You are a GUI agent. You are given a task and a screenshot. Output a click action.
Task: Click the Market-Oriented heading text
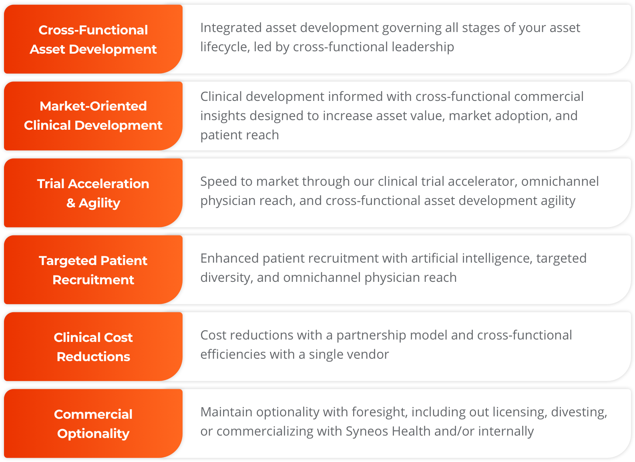pyautogui.click(x=93, y=106)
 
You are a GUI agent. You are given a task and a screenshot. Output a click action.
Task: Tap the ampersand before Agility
pyautogui.click(x=70, y=203)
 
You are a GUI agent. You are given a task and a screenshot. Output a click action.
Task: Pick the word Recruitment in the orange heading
pyautogui.click(x=93, y=280)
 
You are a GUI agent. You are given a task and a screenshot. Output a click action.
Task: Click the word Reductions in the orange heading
pyautogui.click(x=93, y=357)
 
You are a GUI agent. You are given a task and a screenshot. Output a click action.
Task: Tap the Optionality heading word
pyautogui.click(x=93, y=434)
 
